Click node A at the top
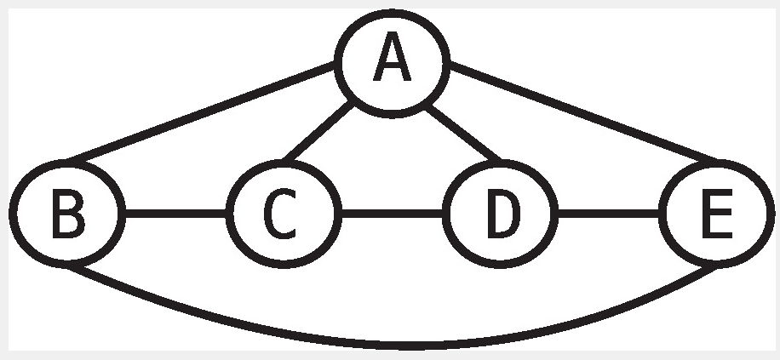(x=391, y=61)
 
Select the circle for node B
(x=68, y=212)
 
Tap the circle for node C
(x=284, y=212)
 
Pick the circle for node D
(x=502, y=212)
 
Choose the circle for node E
(x=718, y=212)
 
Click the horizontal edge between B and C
(x=176, y=212)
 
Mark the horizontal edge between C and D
(x=393, y=212)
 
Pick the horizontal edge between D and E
(x=610, y=212)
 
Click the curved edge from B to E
(x=392, y=346)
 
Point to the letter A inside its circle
(x=391, y=61)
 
